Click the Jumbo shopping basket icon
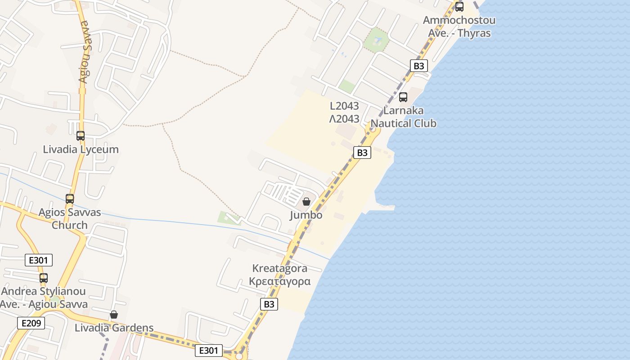pos(306,202)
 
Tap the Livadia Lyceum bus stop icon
pos(81,135)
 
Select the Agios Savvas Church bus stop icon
pos(70,198)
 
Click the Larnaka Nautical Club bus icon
pos(403,97)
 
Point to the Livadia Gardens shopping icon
pos(114,314)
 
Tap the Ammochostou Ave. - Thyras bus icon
pos(459,7)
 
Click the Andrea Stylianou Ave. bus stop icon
pos(44,278)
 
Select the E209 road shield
pos(31,323)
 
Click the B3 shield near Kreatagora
pos(269,304)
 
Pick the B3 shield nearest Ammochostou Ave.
pos(418,66)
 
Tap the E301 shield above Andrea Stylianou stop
pos(39,260)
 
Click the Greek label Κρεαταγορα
pos(280,282)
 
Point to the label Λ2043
pos(344,119)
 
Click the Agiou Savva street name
pos(84,52)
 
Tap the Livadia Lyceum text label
pos(81,149)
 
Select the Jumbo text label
pos(306,215)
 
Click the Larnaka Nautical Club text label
pos(404,117)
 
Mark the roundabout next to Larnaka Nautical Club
pos(373,129)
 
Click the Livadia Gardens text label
pos(114,328)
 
